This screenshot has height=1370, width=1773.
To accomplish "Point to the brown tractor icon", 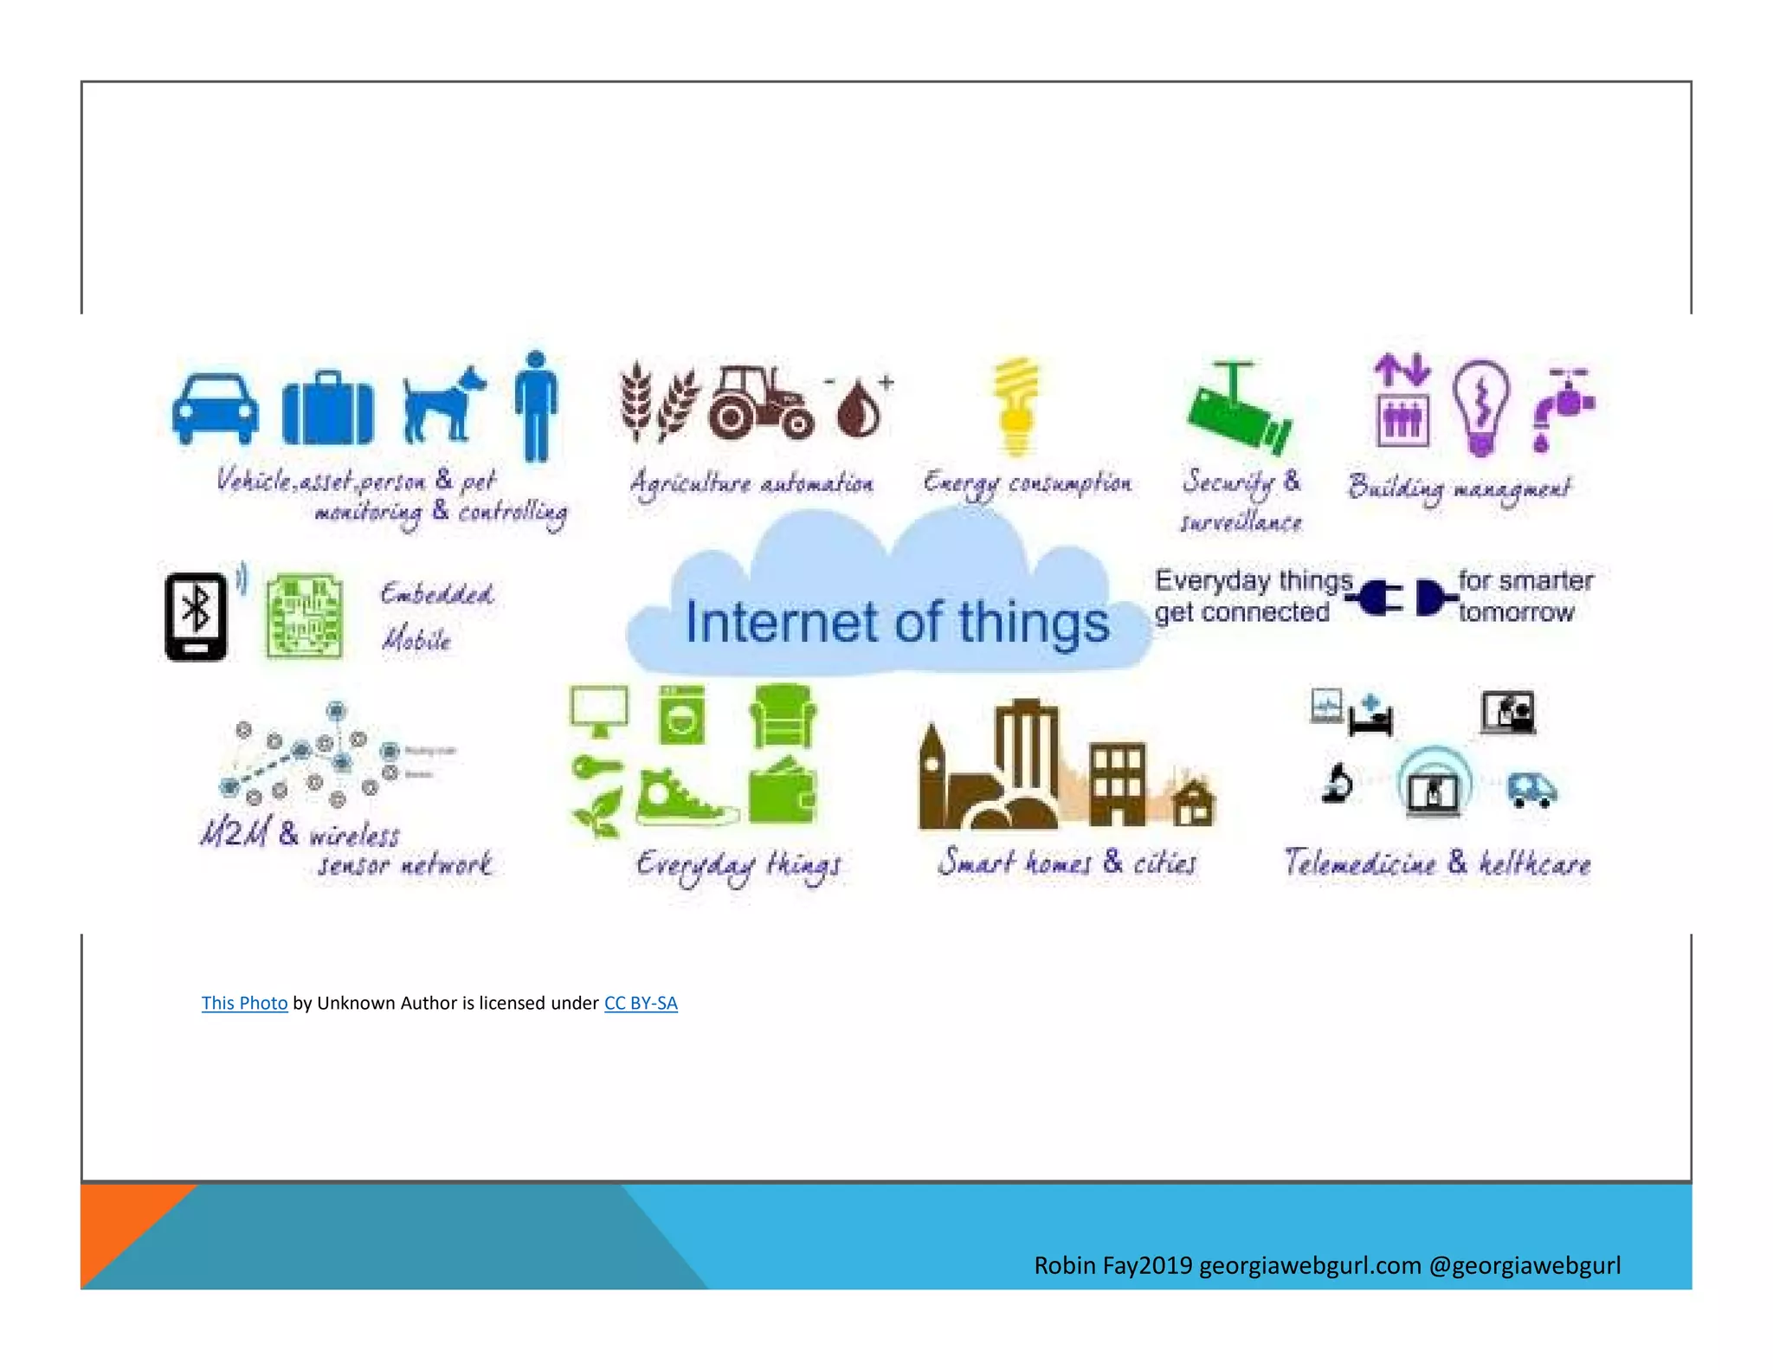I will (x=759, y=403).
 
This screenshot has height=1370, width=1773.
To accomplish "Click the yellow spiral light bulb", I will (x=1016, y=405).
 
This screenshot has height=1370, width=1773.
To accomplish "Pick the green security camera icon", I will (x=1239, y=411).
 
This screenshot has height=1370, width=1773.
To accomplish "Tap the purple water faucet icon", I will (x=1563, y=407).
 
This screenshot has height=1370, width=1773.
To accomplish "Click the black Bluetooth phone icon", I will (x=197, y=616).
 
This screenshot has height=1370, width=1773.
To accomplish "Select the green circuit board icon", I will (x=304, y=616).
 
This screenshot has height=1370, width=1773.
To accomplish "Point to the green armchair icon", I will (x=782, y=716).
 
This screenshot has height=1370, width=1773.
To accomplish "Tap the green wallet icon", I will (x=782, y=792).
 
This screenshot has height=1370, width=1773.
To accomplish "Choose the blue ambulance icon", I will (x=1531, y=789).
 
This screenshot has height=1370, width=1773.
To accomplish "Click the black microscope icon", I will (x=1338, y=784).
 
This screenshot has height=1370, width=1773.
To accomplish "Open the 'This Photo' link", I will (x=244, y=1003).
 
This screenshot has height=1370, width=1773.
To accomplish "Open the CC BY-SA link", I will (x=641, y=1003).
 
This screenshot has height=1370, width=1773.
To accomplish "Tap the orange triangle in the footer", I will (x=121, y=1221).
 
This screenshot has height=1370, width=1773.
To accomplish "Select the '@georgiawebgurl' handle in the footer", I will (x=1525, y=1265).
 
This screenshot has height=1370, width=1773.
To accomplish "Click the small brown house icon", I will (x=1195, y=803).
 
